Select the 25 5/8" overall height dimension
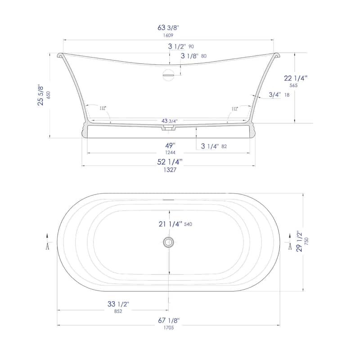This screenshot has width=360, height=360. point(41,95)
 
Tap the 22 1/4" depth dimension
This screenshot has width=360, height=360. point(296,78)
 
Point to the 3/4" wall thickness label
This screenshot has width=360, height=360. point(275,94)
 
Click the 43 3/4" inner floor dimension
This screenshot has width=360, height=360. point(169,121)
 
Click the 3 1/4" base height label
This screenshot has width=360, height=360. point(210,146)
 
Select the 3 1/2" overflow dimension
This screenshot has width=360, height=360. point(176,46)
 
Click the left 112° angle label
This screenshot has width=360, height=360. point(103,108)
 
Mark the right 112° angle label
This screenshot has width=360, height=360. point(234,108)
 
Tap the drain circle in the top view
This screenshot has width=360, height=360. point(168,242)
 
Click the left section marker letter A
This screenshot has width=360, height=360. point(48,246)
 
